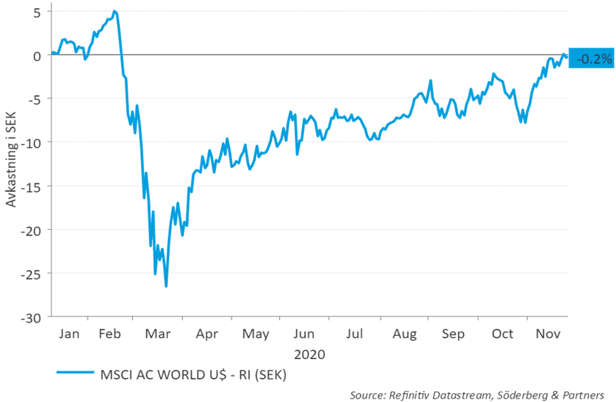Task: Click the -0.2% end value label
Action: (593, 59)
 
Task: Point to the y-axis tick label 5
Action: (36, 12)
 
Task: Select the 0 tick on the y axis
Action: (38, 55)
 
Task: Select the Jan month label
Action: (69, 334)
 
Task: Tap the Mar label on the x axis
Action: (159, 334)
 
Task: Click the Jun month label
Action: (304, 334)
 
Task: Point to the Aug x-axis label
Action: (405, 334)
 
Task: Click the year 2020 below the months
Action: (309, 355)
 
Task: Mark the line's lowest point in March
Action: (166, 286)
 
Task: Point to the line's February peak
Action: (114, 11)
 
